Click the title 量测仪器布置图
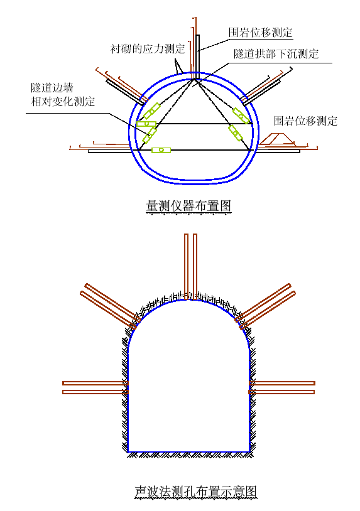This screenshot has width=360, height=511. [188, 206]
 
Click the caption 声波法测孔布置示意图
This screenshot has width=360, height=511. [195, 491]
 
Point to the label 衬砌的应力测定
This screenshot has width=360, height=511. [148, 49]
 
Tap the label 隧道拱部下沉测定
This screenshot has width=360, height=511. [276, 54]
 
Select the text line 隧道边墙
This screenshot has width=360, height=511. [52, 88]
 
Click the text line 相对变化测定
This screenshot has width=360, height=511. [63, 101]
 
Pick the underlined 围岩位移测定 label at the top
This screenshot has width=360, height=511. [261, 32]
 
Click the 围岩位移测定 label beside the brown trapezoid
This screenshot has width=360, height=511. [305, 121]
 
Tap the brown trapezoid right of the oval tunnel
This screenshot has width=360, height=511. [277, 139]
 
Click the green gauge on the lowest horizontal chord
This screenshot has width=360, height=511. [161, 150]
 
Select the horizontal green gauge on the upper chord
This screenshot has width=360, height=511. [146, 124]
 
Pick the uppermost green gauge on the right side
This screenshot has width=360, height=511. [241, 116]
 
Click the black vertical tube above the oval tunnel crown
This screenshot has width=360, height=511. [198, 56]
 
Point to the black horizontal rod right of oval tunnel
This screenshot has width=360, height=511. [279, 151]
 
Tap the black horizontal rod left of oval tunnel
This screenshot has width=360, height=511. [109, 151]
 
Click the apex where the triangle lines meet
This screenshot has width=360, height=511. [195, 79]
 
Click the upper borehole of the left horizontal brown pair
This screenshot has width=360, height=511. [95, 383]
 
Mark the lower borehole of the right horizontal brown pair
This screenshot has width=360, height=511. [281, 392]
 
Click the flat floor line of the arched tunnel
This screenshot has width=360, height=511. [189, 452]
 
